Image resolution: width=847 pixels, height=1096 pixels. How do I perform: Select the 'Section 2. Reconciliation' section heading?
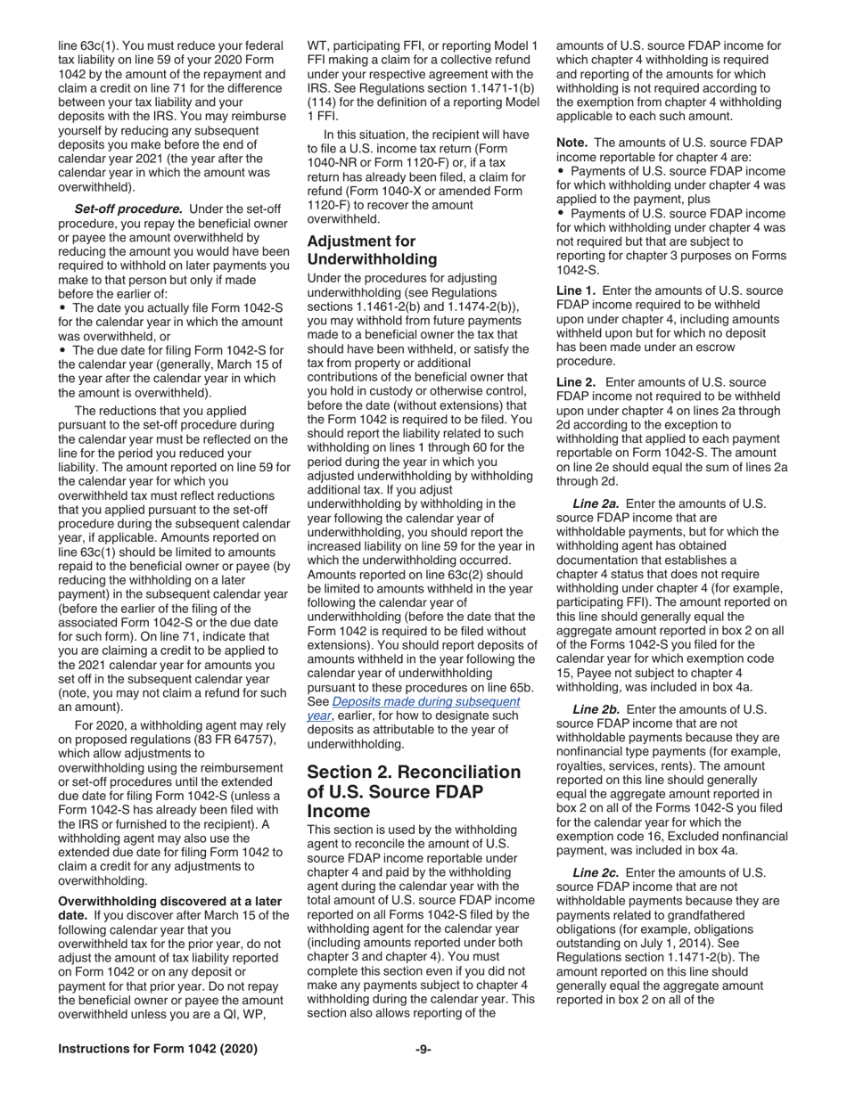click(414, 772)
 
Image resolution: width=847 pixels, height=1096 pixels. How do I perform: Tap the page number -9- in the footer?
click(423, 1050)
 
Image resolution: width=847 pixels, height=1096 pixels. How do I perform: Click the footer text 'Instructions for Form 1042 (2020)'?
click(158, 1050)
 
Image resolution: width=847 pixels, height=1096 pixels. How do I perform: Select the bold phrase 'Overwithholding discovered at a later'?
click(169, 901)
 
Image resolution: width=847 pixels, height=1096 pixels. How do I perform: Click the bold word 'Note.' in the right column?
click(573, 143)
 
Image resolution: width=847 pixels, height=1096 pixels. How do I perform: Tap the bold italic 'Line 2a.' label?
click(600, 503)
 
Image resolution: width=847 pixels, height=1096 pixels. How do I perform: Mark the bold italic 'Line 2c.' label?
click(600, 873)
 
